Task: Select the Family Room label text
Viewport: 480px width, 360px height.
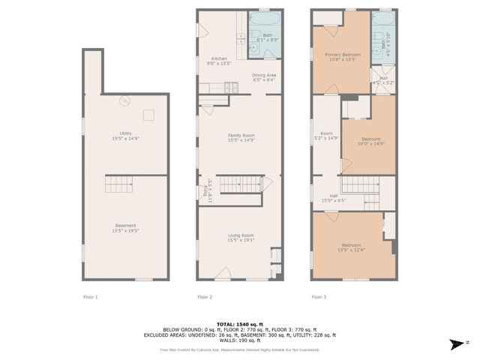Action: (241, 137)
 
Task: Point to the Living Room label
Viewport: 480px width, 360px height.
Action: (241, 238)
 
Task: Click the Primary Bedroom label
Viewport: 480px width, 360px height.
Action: (342, 57)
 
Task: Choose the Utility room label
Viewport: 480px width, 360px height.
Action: (125, 135)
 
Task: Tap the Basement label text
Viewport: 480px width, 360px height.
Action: (125, 227)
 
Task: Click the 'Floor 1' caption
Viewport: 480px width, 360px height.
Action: (90, 297)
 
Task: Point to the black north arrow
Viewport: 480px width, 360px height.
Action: (454, 344)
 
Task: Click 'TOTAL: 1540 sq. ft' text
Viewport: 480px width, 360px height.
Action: (239, 323)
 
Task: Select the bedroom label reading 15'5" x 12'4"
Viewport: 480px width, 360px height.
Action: (352, 248)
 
